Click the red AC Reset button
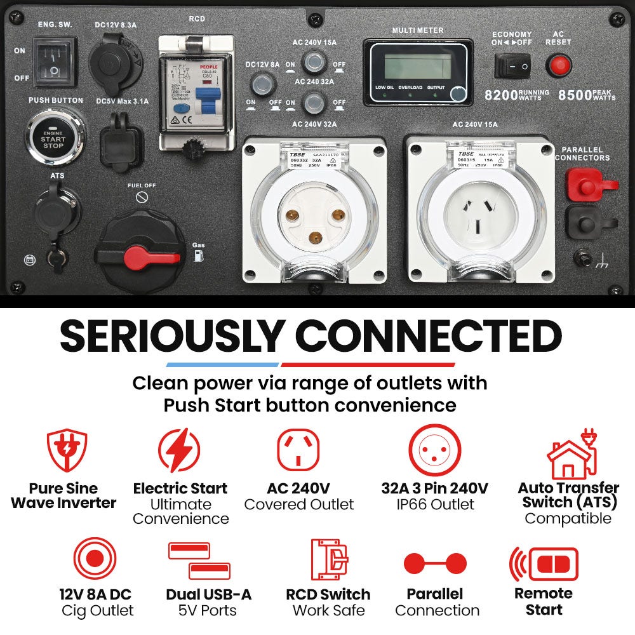click(559, 65)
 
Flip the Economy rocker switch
click(513, 65)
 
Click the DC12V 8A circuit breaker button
click(261, 84)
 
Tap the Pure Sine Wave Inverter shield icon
click(67, 451)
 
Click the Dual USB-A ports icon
click(199, 559)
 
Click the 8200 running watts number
click(500, 95)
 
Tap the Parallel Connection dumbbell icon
click(436, 563)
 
